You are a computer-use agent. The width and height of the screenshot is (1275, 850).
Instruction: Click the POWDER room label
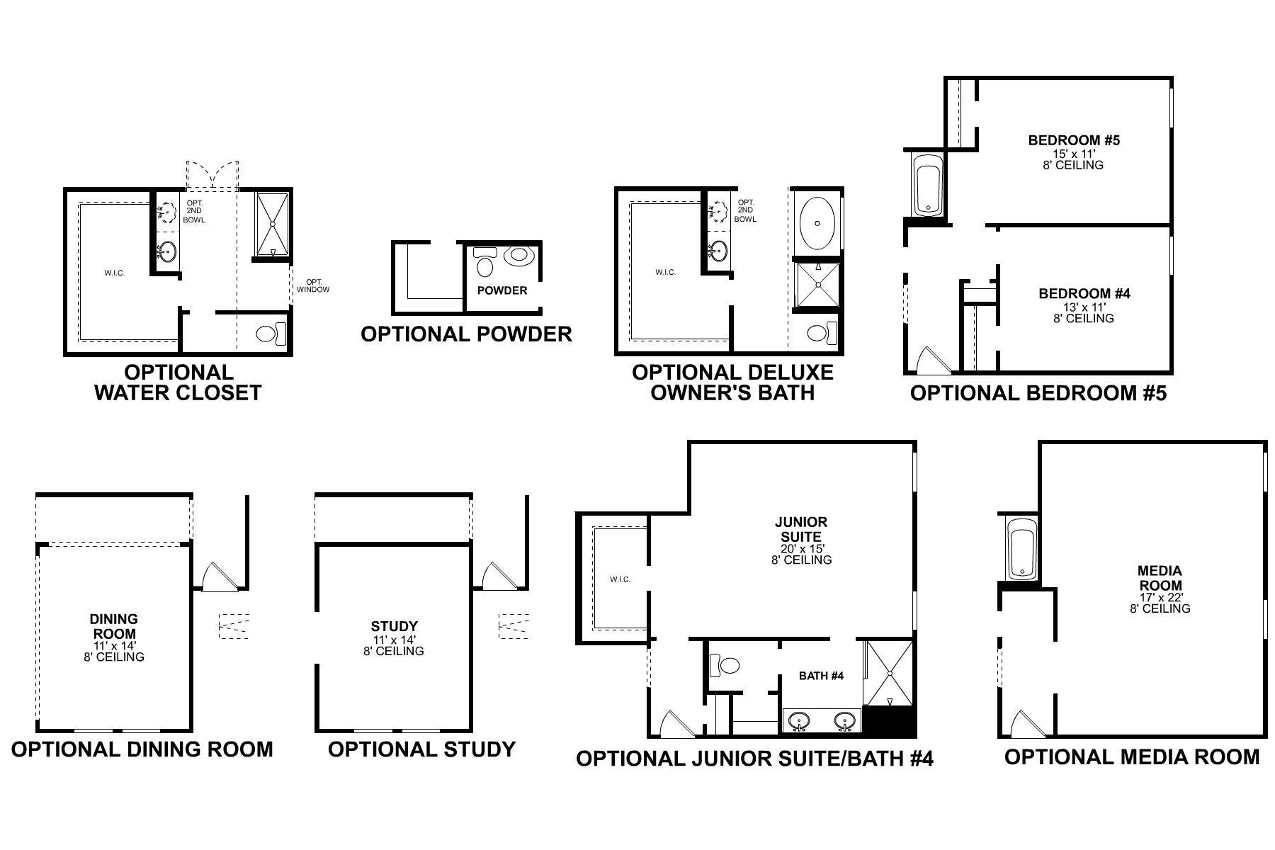501,290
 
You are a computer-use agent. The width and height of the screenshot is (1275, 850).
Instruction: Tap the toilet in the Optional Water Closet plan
269,334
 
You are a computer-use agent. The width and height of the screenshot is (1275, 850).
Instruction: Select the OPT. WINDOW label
312,285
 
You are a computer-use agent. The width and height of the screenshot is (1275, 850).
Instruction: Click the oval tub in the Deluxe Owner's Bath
817,222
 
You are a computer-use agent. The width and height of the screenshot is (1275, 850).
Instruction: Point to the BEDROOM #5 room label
1074,141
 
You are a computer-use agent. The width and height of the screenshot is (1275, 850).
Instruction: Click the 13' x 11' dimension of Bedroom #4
1083,307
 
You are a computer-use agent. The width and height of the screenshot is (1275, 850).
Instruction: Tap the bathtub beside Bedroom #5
926,186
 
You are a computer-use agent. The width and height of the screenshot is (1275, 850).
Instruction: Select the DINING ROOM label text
114,627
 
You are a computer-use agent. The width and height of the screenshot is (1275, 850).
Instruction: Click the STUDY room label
394,627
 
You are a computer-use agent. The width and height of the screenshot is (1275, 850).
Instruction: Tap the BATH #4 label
821,676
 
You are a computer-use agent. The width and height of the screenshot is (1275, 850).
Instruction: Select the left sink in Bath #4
800,721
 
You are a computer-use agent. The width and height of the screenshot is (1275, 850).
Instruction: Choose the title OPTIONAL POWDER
466,334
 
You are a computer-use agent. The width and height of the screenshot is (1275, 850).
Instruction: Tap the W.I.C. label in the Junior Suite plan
620,579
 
